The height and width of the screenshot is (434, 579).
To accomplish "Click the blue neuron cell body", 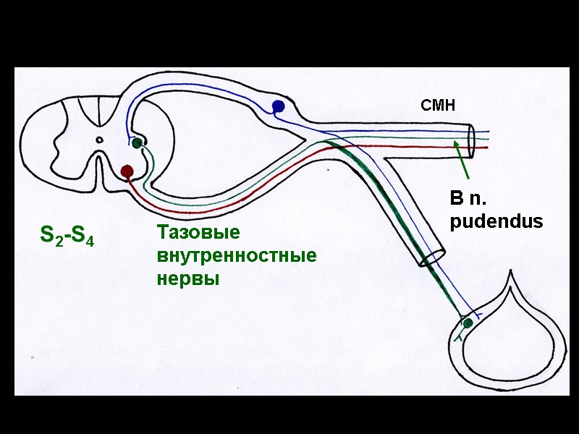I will tap(278, 107).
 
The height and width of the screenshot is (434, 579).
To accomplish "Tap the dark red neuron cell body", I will tap(127, 171).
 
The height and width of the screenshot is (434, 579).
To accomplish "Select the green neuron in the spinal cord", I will tap(136, 143).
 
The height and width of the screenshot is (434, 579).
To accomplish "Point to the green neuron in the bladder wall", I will tap(468, 322).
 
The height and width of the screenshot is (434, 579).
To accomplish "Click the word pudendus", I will tap(496, 222).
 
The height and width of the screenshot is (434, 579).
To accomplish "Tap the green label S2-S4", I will tap(67, 236).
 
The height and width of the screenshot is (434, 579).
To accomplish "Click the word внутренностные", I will tap(236, 256).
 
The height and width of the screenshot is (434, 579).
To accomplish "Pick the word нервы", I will tap(187, 279).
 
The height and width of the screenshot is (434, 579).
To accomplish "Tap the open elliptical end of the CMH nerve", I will tap(471, 140).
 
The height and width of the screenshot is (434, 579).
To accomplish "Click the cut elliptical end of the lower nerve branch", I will tap(432, 256).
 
